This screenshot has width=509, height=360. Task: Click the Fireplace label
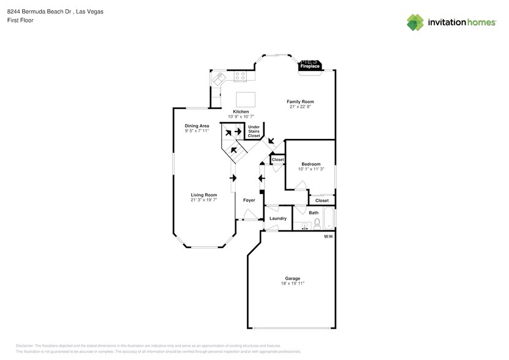tap(310, 66)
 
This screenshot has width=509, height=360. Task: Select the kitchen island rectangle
tap(246, 99)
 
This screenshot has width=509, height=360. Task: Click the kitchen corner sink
tap(219, 78)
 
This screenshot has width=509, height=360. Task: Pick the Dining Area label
tap(197, 126)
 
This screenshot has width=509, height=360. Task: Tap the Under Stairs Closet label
tap(254, 131)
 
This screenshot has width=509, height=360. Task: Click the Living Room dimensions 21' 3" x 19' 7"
tap(203, 200)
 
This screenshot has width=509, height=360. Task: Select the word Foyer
tap(249, 200)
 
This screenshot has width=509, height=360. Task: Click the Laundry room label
tap(277, 219)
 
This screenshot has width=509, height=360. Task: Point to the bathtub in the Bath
tap(328, 219)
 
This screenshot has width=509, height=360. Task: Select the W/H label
tap(328, 236)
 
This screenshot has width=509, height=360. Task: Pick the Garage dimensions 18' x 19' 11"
tap(292, 283)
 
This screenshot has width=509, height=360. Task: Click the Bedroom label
tap(311, 163)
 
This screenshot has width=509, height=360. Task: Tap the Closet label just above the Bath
tap(322, 200)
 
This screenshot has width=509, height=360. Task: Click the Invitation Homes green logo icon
tap(415, 22)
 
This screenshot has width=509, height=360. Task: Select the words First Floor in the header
tap(21, 20)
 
